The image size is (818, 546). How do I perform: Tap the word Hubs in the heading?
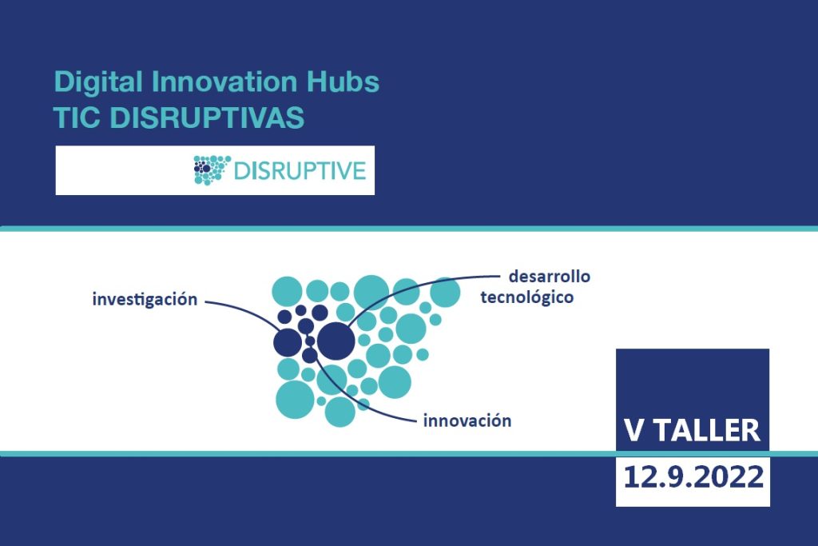coord(340,82)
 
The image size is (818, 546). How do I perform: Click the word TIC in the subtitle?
coord(77,118)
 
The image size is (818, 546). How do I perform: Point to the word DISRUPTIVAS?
coord(207,118)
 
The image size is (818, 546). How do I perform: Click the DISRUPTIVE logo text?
coord(300,171)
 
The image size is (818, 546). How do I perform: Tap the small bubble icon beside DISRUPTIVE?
coord(212,170)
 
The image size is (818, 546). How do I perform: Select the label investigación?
coord(145,300)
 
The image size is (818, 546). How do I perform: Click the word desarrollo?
coord(550,276)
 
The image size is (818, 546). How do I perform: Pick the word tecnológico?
coord(527,297)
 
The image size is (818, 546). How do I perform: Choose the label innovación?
coord(467,420)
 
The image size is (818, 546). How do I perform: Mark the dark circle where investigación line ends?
coord(288,342)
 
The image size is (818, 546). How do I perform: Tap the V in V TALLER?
coord(633,430)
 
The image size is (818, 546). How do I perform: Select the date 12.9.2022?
coord(693,476)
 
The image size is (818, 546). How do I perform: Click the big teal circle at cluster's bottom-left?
coord(296,400)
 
